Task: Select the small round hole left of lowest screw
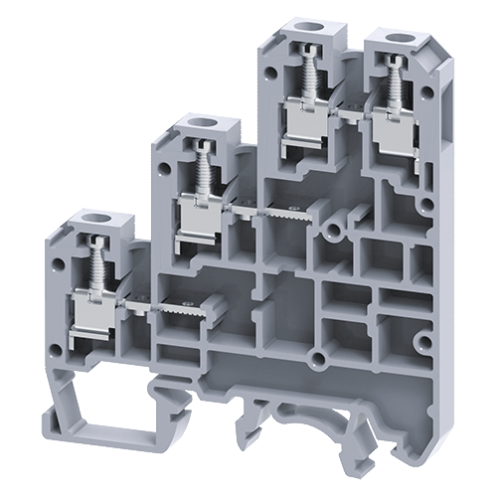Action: (x=64, y=266)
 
